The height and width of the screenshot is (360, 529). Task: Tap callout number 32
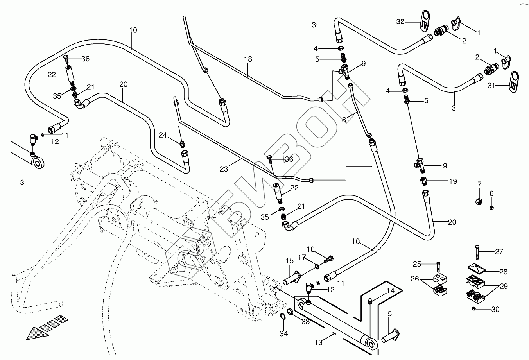(400, 22)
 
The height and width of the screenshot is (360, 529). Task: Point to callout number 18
(248, 59)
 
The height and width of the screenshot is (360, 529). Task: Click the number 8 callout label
(344, 120)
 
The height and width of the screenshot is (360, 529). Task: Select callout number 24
(163, 135)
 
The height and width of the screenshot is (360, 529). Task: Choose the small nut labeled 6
(492, 207)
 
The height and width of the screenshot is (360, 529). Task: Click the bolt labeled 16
(329, 258)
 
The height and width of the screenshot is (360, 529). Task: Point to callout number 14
(390, 290)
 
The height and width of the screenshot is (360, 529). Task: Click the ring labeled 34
(282, 317)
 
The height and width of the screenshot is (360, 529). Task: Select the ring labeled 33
(291, 312)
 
